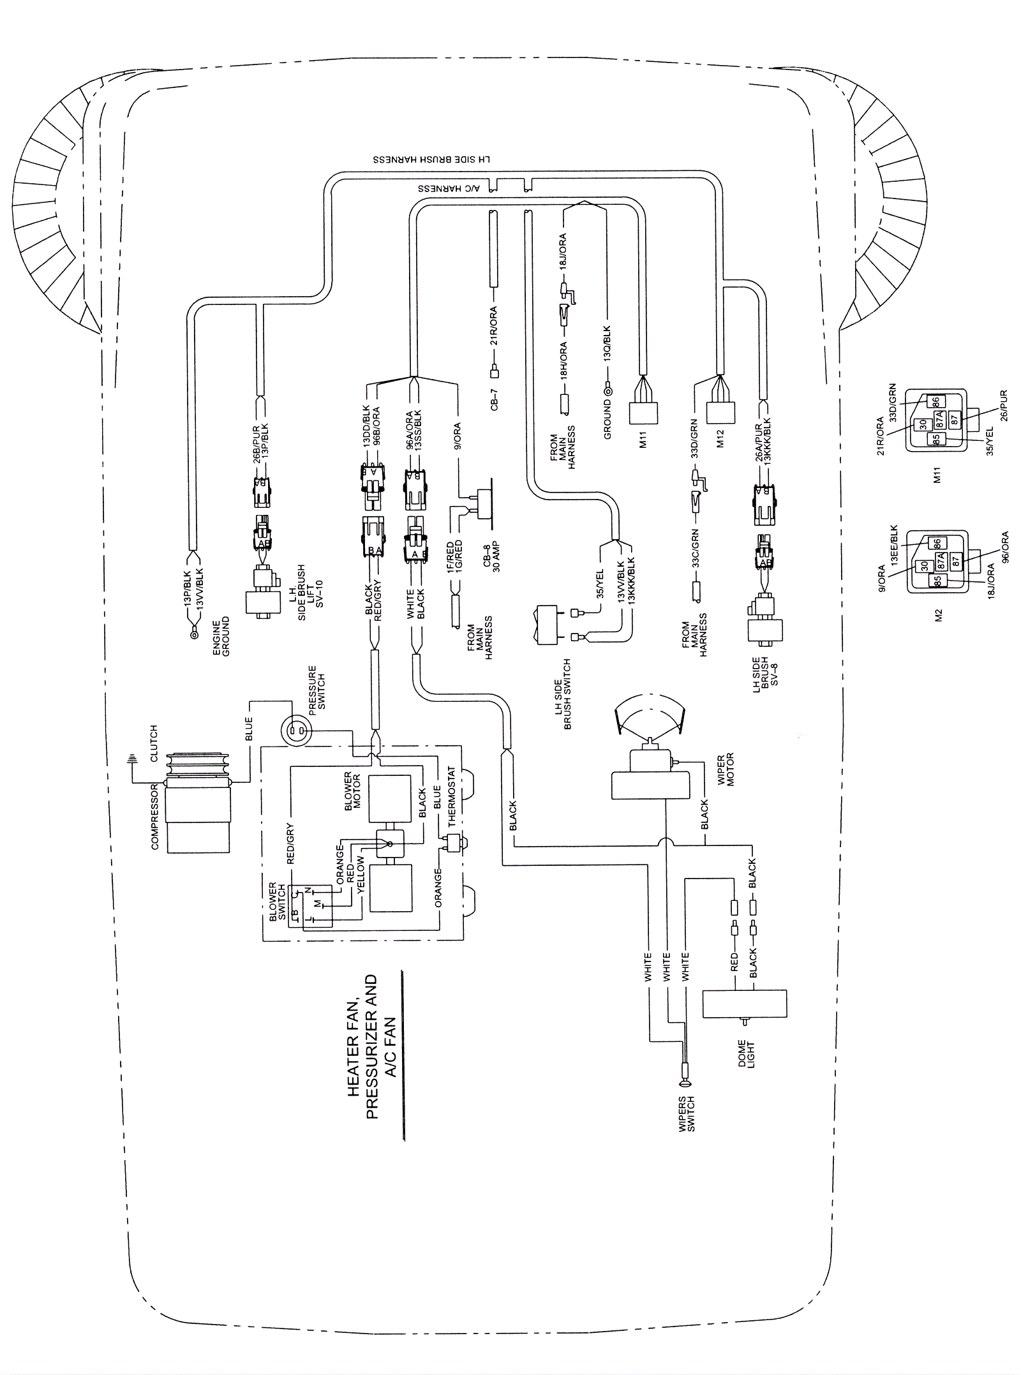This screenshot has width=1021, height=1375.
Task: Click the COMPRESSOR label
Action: (154, 817)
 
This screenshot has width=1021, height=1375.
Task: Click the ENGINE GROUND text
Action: (221, 637)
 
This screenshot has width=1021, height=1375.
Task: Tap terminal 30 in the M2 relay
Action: (923, 567)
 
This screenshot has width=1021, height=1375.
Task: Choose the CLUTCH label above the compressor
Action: (153, 743)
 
